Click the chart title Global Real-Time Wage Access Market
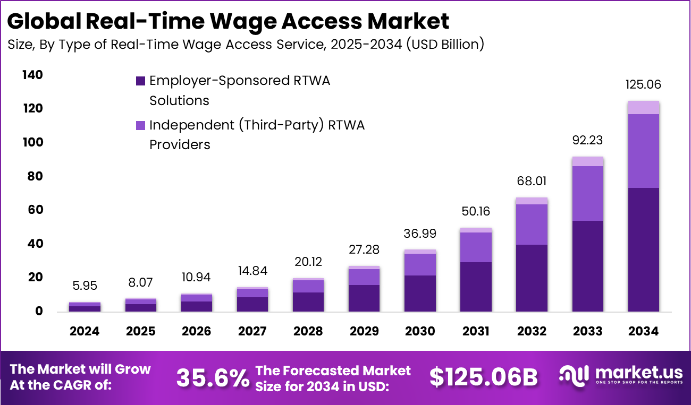click(x=229, y=21)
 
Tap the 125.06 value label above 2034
click(x=643, y=85)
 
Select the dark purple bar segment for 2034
click(x=643, y=249)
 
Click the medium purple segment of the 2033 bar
click(x=587, y=193)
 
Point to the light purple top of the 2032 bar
click(x=532, y=201)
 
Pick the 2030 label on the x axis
click(x=420, y=331)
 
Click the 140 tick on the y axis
click(x=32, y=75)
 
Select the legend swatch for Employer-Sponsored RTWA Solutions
click(x=140, y=81)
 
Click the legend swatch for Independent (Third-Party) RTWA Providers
click(x=140, y=125)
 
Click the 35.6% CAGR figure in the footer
click(x=213, y=377)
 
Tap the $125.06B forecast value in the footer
click(x=484, y=377)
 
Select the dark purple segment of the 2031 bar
click(x=476, y=287)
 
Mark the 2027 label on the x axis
click(x=252, y=331)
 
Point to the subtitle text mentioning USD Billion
click(x=246, y=45)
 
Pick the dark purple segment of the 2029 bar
click(x=364, y=298)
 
